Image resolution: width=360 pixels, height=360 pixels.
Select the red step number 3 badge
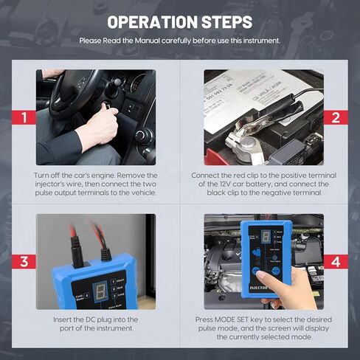click(x=24, y=261)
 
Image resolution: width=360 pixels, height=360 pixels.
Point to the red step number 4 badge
click(x=335, y=261)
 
